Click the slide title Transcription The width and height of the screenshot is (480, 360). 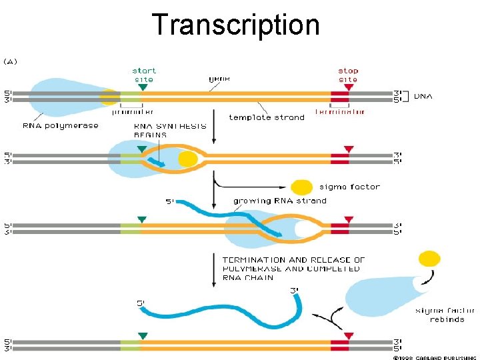236,25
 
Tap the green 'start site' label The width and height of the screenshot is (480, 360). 144,75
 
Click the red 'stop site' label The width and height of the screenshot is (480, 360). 348,75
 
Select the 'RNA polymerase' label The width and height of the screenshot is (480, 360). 61,125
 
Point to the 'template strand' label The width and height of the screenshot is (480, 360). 267,117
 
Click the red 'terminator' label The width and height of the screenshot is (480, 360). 340,111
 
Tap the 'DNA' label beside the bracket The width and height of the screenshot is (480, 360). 423,96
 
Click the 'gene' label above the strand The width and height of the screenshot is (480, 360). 219,78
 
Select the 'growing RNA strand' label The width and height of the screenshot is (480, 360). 280,200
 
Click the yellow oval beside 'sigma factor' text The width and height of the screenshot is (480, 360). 302,187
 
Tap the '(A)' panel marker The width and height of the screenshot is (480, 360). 11,61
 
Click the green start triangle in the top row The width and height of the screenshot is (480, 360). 143,87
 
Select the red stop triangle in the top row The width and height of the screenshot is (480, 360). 349,87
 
